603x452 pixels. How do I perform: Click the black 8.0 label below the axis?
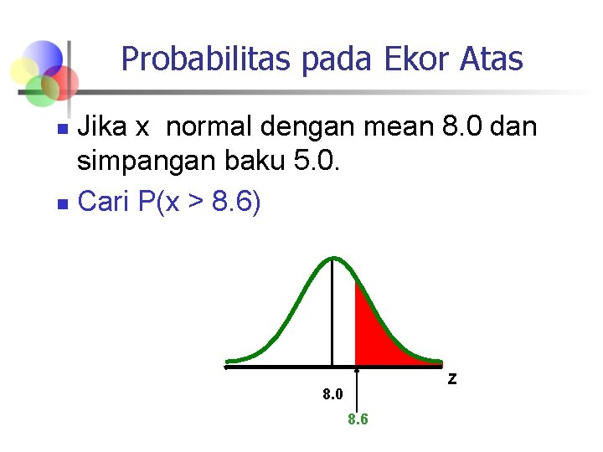(x=333, y=393)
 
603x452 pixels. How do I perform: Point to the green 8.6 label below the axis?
(x=358, y=419)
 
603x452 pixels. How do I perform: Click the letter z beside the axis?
(x=452, y=378)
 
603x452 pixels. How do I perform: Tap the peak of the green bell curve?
(x=332, y=259)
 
